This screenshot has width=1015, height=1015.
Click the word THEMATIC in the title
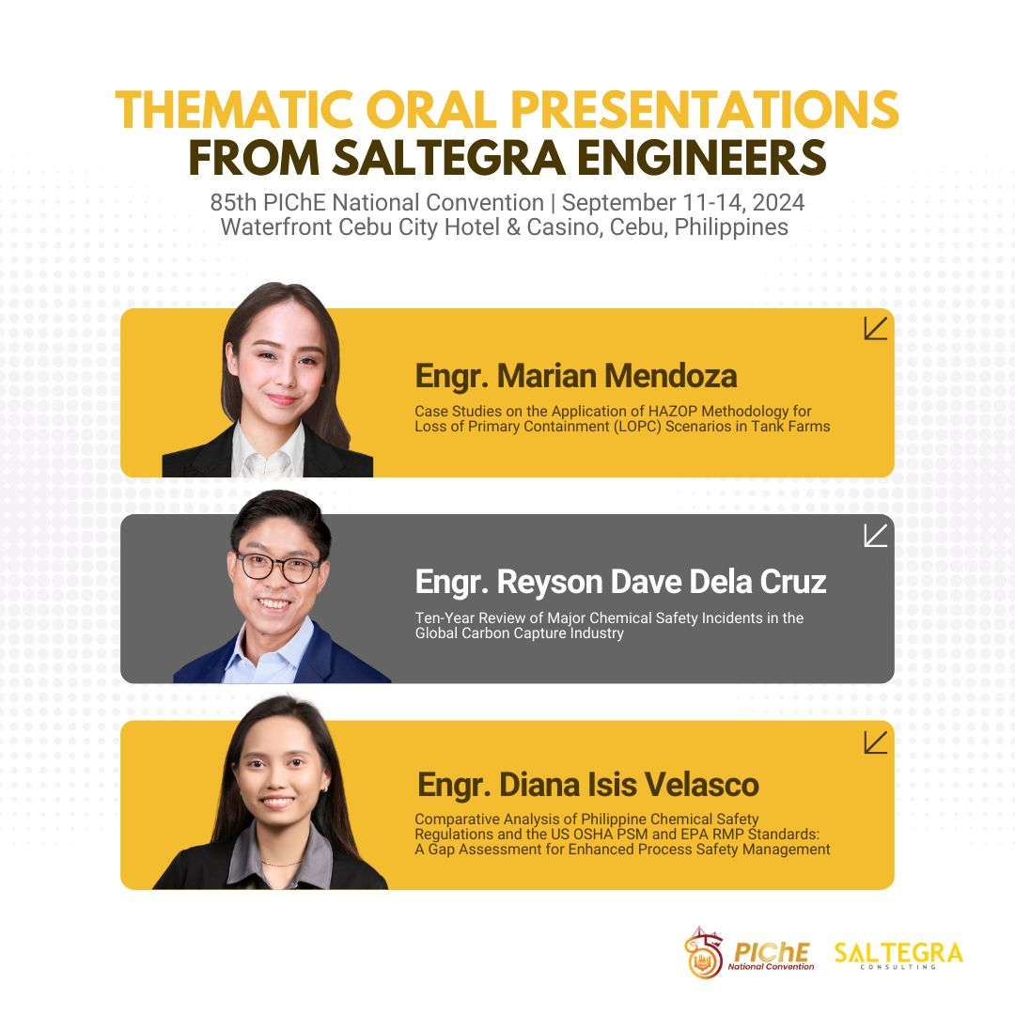coord(234,110)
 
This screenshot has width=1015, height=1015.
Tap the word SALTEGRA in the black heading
coord(449,158)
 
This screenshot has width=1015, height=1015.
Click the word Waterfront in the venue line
coord(276,227)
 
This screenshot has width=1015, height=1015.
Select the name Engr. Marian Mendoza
coord(575,376)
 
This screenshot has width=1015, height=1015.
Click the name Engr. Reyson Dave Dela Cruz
coord(621,582)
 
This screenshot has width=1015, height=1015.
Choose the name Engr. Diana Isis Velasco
coord(587,785)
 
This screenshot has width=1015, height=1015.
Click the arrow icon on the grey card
coord(875,536)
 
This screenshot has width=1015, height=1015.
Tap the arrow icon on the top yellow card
coord(875,328)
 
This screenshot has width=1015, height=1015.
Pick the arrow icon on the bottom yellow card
coord(875,742)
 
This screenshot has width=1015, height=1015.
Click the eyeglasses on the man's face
coord(278,568)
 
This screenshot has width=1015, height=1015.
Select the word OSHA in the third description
coord(596,834)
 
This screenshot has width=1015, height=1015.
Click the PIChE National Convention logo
coord(749,953)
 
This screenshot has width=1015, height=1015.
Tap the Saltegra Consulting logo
coord(898,955)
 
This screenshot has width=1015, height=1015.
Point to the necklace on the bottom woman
coord(281,864)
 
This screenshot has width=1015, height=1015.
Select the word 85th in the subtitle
coord(233,203)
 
